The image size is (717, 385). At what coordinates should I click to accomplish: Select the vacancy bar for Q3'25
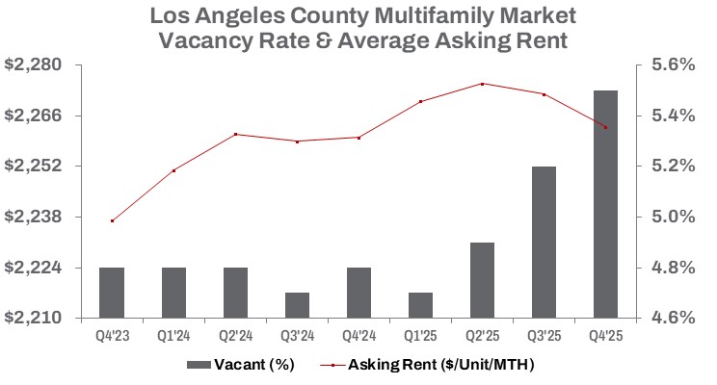[544, 242]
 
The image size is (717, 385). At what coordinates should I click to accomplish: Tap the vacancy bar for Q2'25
[482, 280]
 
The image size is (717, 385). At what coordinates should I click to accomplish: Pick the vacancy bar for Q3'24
[297, 305]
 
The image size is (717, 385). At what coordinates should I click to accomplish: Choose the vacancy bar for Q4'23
[112, 293]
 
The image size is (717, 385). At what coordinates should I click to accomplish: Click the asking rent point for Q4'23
[113, 221]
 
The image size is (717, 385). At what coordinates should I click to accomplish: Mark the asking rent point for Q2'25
[482, 84]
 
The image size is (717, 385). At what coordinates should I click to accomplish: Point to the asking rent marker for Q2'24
[236, 134]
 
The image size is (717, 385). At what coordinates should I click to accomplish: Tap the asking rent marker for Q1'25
[421, 101]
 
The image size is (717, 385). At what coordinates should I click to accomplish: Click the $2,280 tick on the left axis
[34, 65]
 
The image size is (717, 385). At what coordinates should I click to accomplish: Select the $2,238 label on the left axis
[34, 218]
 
